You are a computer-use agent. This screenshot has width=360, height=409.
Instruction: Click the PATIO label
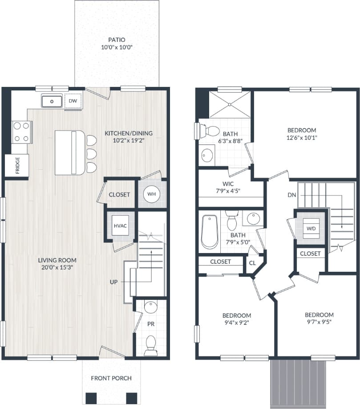117,40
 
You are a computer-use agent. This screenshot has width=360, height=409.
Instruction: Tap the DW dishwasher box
73,102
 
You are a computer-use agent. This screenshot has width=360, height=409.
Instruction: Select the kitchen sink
53,102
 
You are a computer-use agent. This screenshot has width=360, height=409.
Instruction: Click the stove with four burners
21,132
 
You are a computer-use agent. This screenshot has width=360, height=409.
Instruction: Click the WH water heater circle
151,194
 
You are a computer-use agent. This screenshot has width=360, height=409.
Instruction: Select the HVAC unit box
120,226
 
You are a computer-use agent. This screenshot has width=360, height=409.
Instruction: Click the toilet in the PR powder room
151,344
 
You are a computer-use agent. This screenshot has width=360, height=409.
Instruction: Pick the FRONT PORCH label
111,378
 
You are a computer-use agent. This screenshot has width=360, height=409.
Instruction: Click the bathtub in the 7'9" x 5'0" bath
209,232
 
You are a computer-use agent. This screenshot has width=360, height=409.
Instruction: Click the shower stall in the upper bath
230,105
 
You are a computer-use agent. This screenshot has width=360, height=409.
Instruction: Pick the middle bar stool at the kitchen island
91,154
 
